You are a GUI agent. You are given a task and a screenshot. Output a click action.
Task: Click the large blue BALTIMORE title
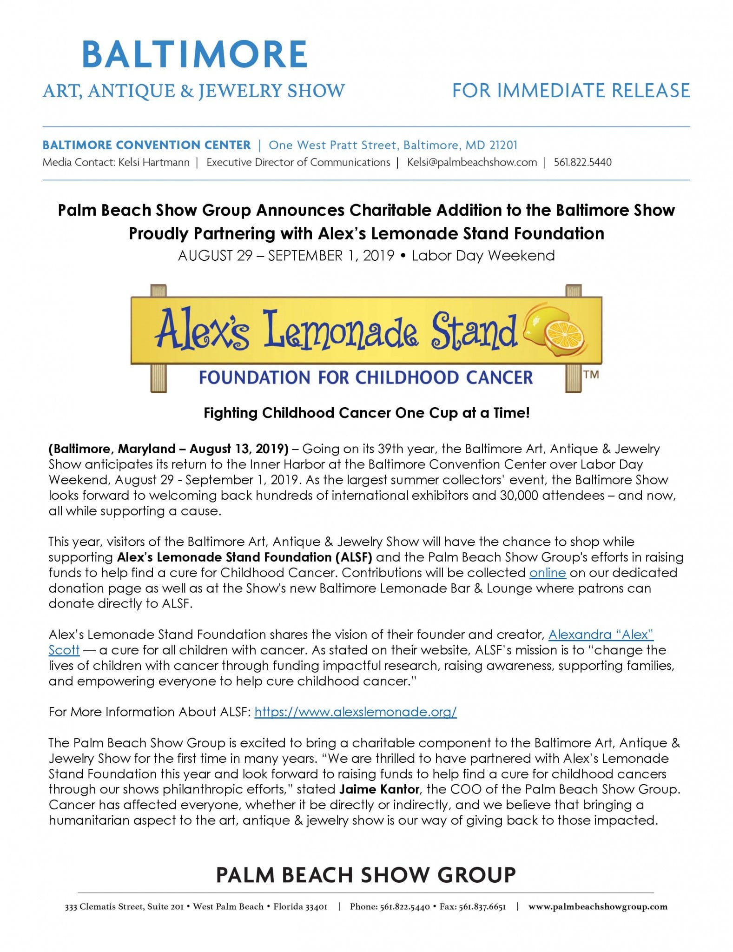click(194, 54)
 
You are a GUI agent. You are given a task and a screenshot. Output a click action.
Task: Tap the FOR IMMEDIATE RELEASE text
click(571, 91)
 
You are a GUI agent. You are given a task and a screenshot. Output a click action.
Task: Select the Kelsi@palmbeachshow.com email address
click(472, 162)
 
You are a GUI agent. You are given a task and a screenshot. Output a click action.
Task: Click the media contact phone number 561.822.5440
click(582, 162)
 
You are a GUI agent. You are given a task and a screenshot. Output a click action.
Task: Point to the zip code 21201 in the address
click(503, 145)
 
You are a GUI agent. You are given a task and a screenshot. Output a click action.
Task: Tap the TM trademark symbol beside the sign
click(591, 375)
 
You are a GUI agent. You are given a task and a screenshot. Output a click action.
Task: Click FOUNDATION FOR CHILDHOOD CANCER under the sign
click(366, 377)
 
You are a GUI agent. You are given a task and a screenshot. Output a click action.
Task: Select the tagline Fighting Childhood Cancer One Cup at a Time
click(366, 413)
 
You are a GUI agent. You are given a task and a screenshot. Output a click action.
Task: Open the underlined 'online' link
click(548, 573)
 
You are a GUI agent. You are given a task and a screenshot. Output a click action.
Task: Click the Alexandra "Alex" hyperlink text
click(601, 635)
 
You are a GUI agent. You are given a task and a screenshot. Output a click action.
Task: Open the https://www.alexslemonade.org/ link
click(356, 712)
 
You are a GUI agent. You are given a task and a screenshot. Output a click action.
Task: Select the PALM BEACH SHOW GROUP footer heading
click(366, 875)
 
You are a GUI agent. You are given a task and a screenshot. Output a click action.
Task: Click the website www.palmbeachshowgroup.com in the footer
click(598, 906)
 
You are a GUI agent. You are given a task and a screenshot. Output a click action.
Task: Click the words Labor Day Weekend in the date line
click(483, 256)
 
